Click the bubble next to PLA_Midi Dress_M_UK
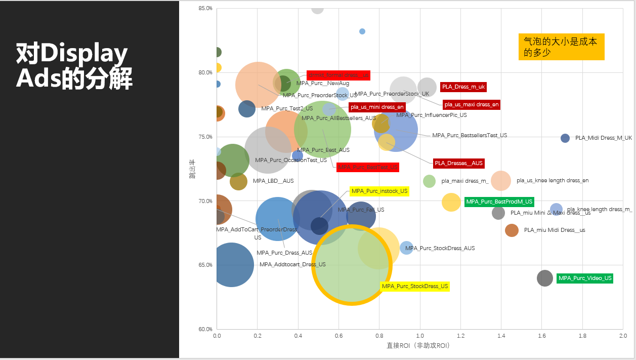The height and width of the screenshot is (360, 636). [565, 138]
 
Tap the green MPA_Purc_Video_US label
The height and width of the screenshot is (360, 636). [585, 278]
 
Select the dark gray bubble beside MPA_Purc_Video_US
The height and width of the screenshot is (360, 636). [545, 278]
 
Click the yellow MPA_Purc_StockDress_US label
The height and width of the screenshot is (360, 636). [414, 286]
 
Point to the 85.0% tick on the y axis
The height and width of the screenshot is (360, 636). [205, 9]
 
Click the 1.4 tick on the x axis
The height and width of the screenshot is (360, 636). [501, 336]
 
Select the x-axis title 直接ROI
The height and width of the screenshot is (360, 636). [418, 346]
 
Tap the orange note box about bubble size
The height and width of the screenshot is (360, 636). [561, 47]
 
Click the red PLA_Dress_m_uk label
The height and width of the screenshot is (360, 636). [463, 87]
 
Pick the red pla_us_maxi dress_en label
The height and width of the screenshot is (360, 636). [472, 104]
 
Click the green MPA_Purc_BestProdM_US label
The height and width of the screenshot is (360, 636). [499, 202]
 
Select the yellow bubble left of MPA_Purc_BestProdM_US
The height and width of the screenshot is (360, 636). [451, 203]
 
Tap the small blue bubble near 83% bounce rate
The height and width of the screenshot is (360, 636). [362, 31]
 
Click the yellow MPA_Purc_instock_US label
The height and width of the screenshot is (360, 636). [379, 191]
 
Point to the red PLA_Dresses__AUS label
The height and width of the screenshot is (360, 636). [458, 163]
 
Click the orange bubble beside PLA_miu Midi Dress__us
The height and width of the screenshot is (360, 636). [512, 230]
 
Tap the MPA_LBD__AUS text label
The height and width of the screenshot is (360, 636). [273, 181]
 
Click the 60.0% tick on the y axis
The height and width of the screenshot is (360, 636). [205, 329]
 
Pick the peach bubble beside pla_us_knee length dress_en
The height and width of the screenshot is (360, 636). [501, 180]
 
